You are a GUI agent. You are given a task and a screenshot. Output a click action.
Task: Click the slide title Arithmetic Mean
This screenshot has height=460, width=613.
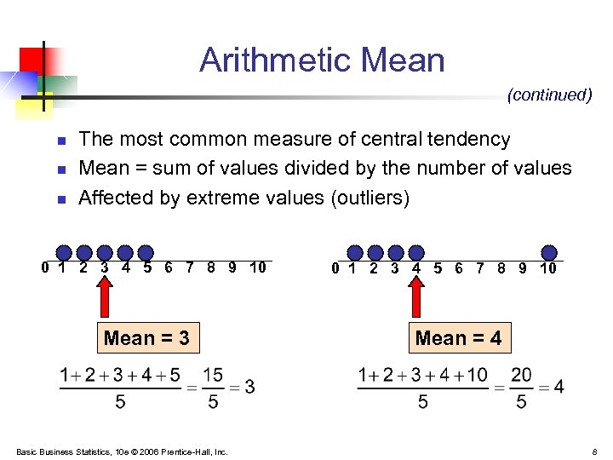point(322,60)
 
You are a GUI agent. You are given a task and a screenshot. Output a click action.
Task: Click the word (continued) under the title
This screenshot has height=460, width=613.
point(549,95)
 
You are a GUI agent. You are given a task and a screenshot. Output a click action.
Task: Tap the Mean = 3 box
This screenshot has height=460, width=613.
point(146,338)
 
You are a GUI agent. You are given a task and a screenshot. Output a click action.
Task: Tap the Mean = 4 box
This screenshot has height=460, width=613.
point(458,338)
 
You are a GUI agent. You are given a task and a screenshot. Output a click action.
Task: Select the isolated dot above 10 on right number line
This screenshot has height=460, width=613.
point(549,252)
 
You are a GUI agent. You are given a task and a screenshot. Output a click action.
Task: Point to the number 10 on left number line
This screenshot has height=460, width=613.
point(257,267)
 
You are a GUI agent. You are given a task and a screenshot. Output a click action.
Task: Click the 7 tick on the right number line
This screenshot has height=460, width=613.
point(480,267)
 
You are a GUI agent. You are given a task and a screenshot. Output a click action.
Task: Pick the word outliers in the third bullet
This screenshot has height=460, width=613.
point(368,198)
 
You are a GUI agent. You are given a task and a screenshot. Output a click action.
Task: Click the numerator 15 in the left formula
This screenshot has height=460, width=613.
point(213,375)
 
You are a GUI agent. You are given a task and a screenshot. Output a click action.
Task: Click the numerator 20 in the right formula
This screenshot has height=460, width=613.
point(521,375)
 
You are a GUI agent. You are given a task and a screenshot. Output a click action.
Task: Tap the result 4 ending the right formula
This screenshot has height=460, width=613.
point(559,387)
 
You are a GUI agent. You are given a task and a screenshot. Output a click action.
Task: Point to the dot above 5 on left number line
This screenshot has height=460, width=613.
point(146,252)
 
